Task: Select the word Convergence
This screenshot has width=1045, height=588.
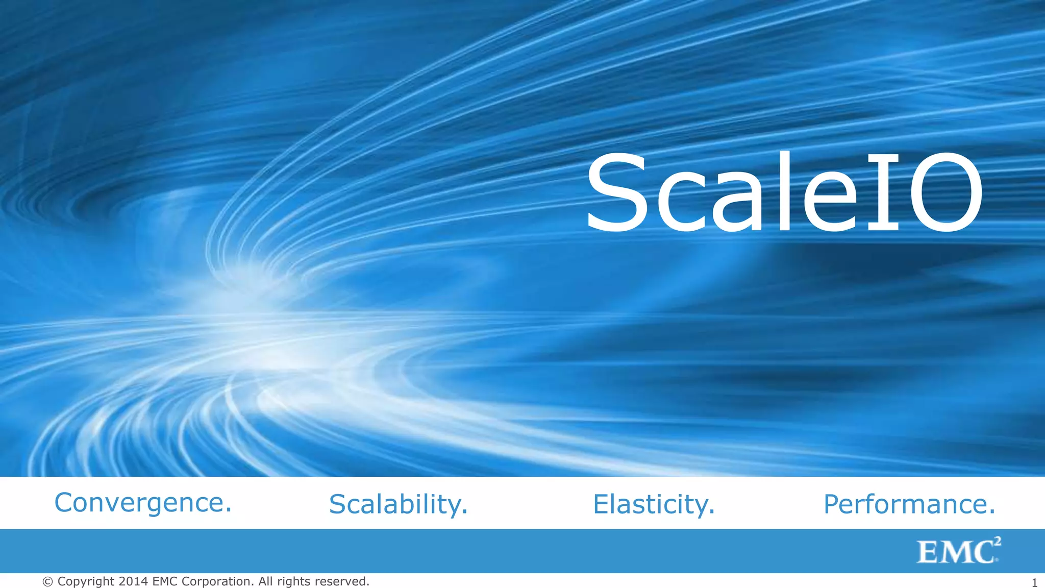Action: pyautogui.click(x=139, y=503)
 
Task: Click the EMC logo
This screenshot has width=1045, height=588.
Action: pyautogui.click(x=958, y=551)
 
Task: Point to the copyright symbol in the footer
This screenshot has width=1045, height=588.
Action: pyautogui.click(x=48, y=582)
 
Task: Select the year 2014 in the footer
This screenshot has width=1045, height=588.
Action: pyautogui.click(x=133, y=581)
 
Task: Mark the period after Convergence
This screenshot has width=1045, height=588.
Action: pyautogui.click(x=228, y=509)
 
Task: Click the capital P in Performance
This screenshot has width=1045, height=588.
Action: pyautogui.click(x=832, y=504)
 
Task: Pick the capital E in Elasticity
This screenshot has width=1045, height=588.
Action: pyautogui.click(x=601, y=504)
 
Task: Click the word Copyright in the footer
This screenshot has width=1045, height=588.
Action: pyautogui.click(x=86, y=582)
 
